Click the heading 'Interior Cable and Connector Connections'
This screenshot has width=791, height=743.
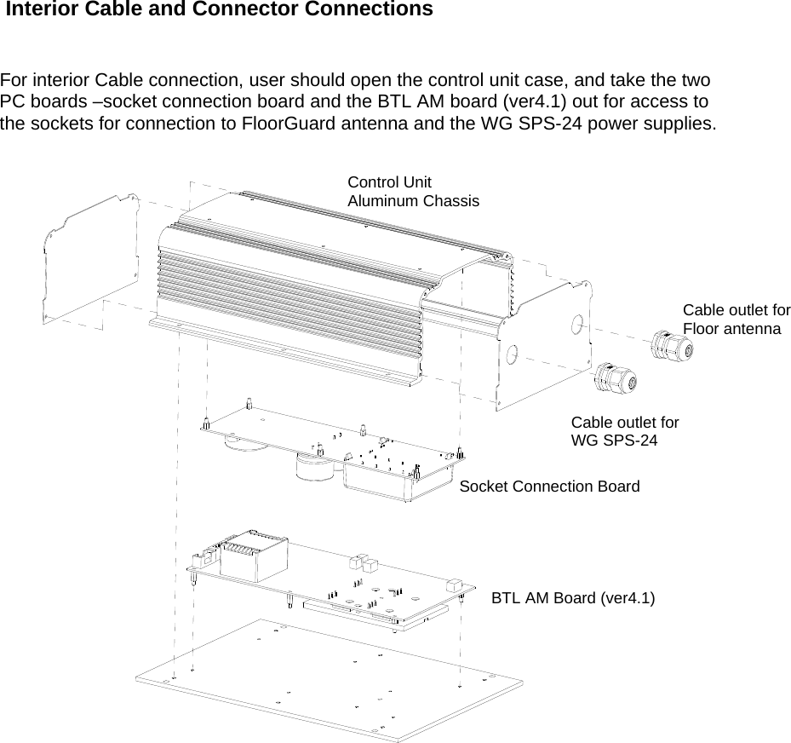(x=220, y=10)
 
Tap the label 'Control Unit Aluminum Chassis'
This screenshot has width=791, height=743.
(x=413, y=192)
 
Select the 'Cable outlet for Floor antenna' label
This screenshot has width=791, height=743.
(x=736, y=319)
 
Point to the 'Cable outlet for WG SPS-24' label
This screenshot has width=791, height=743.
(x=624, y=431)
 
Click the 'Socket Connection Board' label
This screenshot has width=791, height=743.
(x=549, y=487)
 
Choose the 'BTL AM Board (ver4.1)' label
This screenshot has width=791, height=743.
(x=573, y=597)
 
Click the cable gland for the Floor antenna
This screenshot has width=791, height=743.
(x=672, y=346)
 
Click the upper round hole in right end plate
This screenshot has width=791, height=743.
(x=577, y=325)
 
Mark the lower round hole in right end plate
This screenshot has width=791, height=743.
(x=513, y=354)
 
